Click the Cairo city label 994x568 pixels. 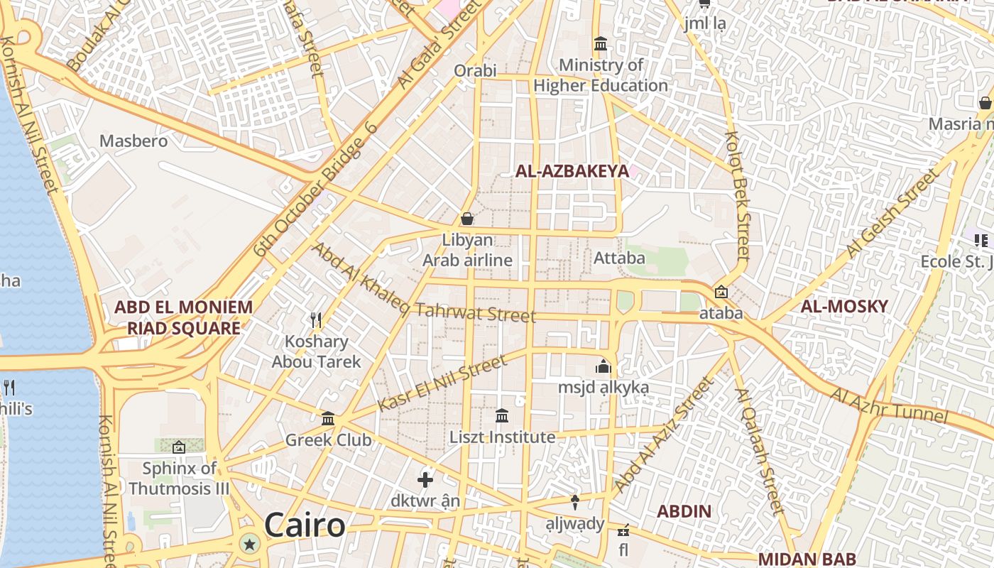[305, 526]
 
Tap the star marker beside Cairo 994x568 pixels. [249, 545]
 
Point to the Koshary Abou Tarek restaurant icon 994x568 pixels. [316, 320]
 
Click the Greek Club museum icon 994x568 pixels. [328, 419]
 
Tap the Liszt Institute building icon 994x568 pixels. [502, 415]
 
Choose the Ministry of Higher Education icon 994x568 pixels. [601, 44]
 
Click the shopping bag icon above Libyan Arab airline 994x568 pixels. [467, 219]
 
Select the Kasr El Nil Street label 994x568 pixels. [443, 383]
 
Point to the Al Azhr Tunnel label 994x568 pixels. [889, 405]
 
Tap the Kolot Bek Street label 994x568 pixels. [738, 195]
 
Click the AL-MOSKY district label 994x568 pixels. [844, 307]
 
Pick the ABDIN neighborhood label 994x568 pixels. [684, 511]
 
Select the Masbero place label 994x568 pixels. [133, 141]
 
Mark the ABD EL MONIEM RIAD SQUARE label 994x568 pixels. [183, 317]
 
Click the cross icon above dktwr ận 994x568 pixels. [425, 480]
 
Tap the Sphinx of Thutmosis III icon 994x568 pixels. [179, 447]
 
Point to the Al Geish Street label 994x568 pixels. [892, 215]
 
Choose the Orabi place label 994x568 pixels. [475, 71]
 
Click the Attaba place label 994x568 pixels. [619, 258]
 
